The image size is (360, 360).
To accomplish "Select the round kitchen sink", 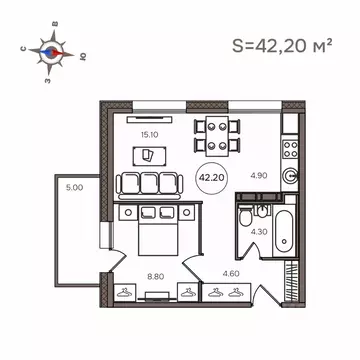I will click(x=291, y=173).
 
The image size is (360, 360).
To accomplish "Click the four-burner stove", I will click(x=291, y=149).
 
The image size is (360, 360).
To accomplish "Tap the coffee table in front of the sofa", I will click(x=148, y=156).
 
